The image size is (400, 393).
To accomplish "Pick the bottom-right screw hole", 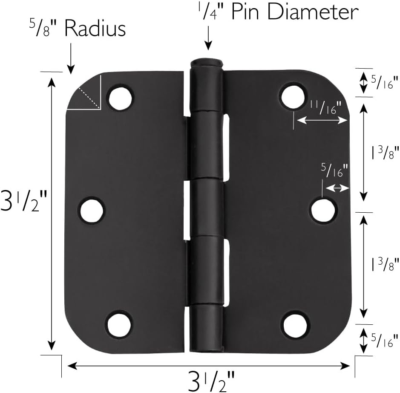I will point(296,325).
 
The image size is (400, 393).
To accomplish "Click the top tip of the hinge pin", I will point(207,62).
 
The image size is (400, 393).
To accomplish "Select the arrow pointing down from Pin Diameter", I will point(208,39).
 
